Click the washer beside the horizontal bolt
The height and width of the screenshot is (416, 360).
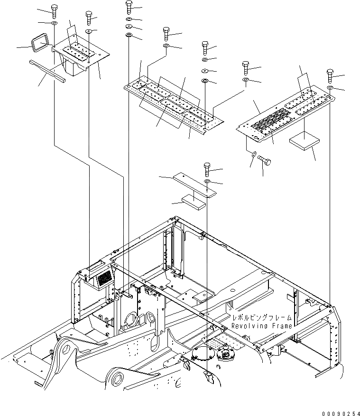pyautogui.click(x=255, y=154)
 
